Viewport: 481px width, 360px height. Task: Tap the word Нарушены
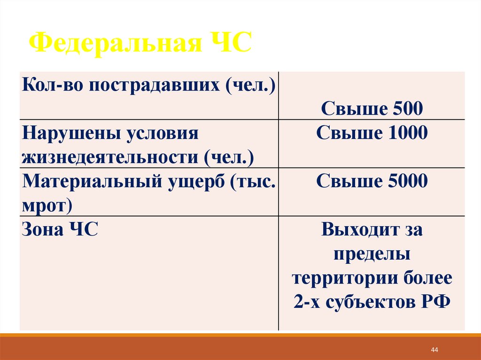70,134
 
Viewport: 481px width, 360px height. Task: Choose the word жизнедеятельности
110,157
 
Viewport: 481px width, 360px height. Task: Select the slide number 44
434,350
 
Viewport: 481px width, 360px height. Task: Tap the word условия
162,134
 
